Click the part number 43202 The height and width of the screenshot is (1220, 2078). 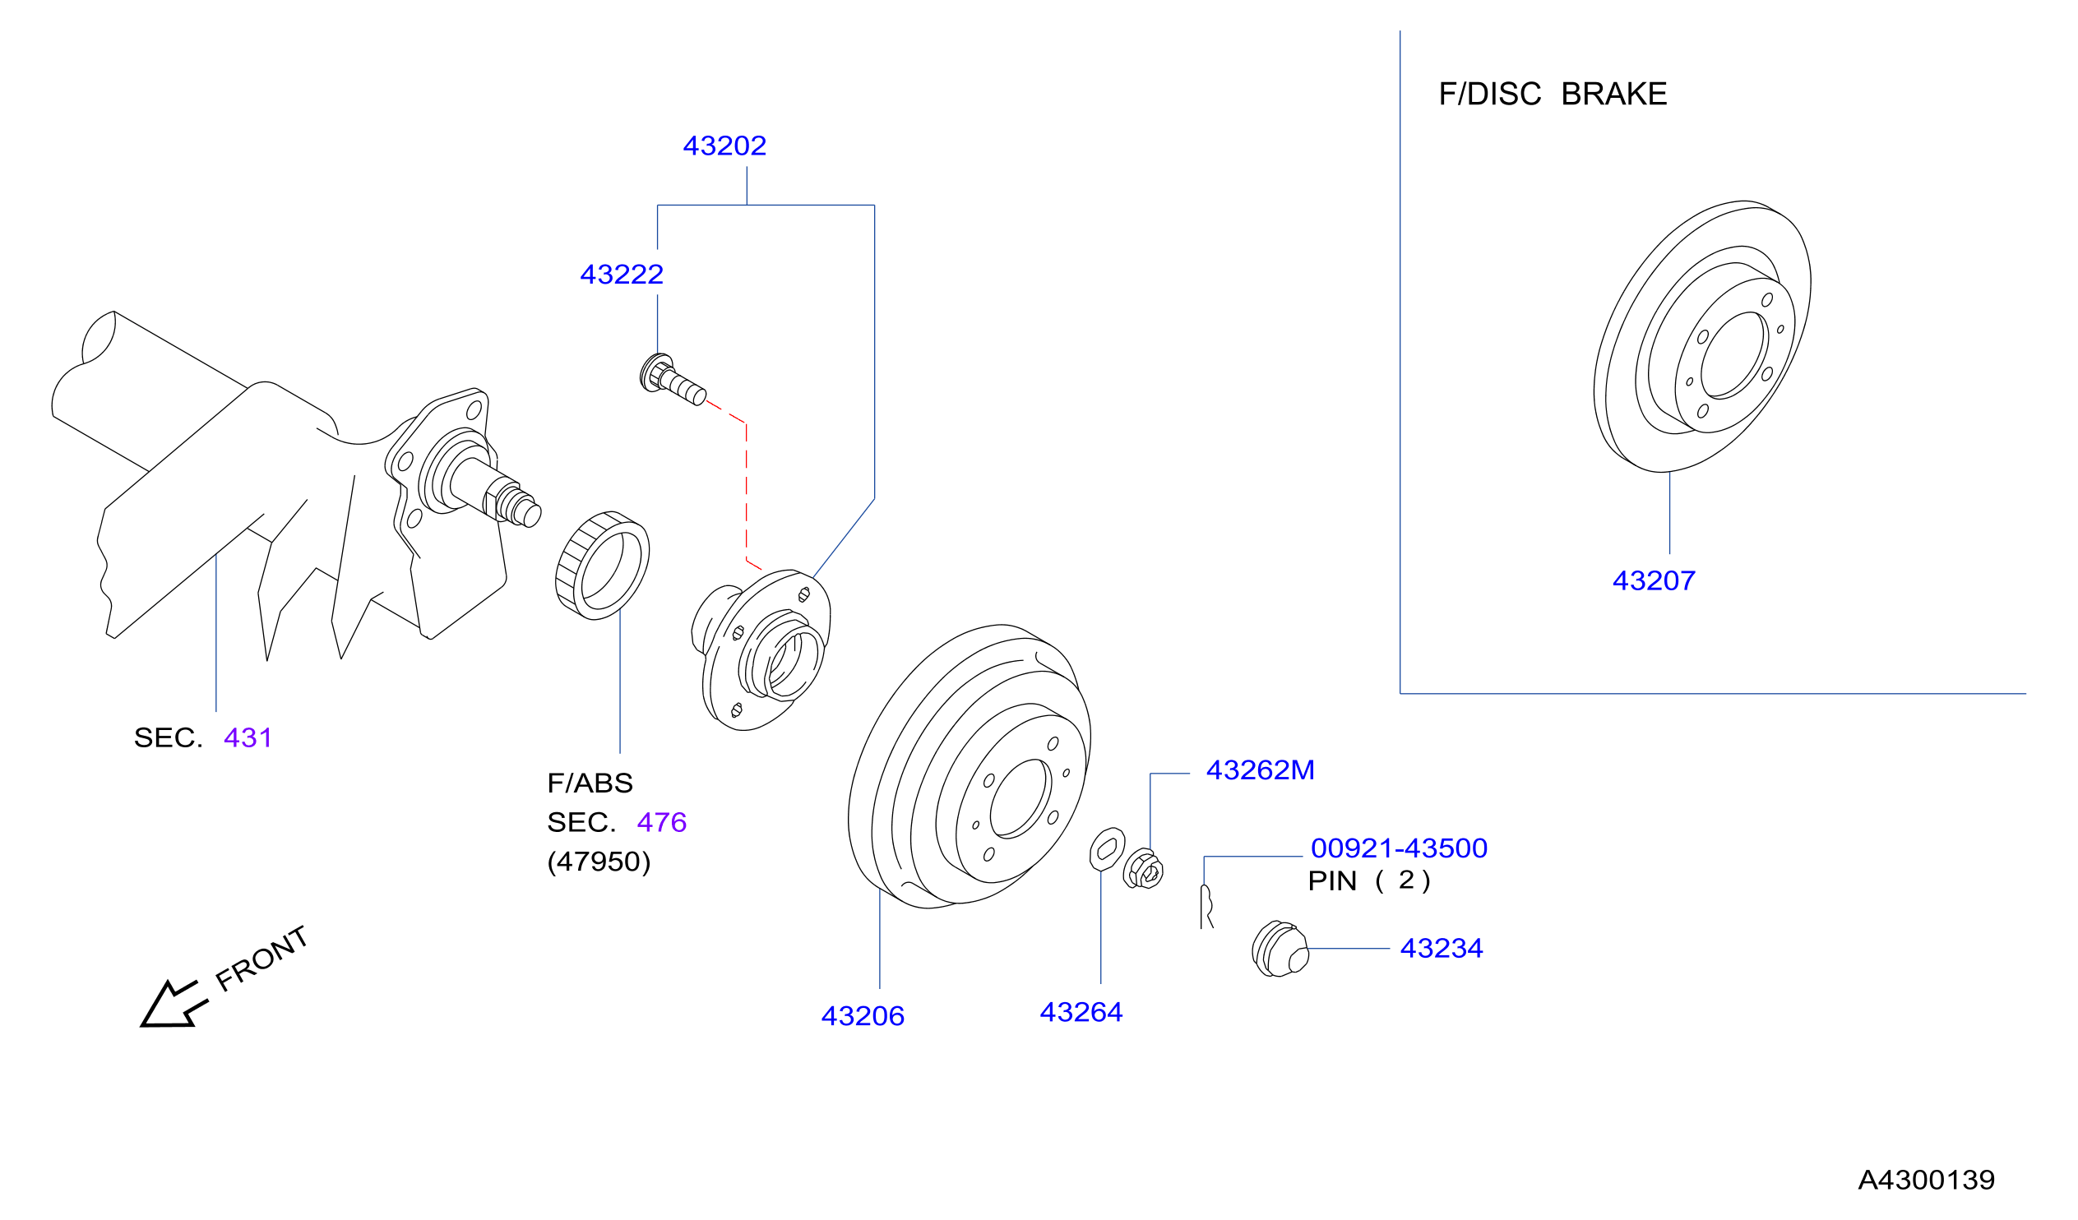724,146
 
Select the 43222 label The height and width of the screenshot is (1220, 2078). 622,275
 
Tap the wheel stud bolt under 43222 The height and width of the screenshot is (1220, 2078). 673,380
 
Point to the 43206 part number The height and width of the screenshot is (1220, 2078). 863,1016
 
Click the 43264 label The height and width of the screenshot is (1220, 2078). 1081,1012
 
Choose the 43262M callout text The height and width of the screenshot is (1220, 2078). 1260,770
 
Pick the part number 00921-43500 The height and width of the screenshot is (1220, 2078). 1399,848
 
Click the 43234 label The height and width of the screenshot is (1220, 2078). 1442,949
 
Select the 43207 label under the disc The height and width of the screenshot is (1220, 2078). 1654,581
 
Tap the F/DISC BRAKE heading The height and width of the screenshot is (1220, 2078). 1553,95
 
